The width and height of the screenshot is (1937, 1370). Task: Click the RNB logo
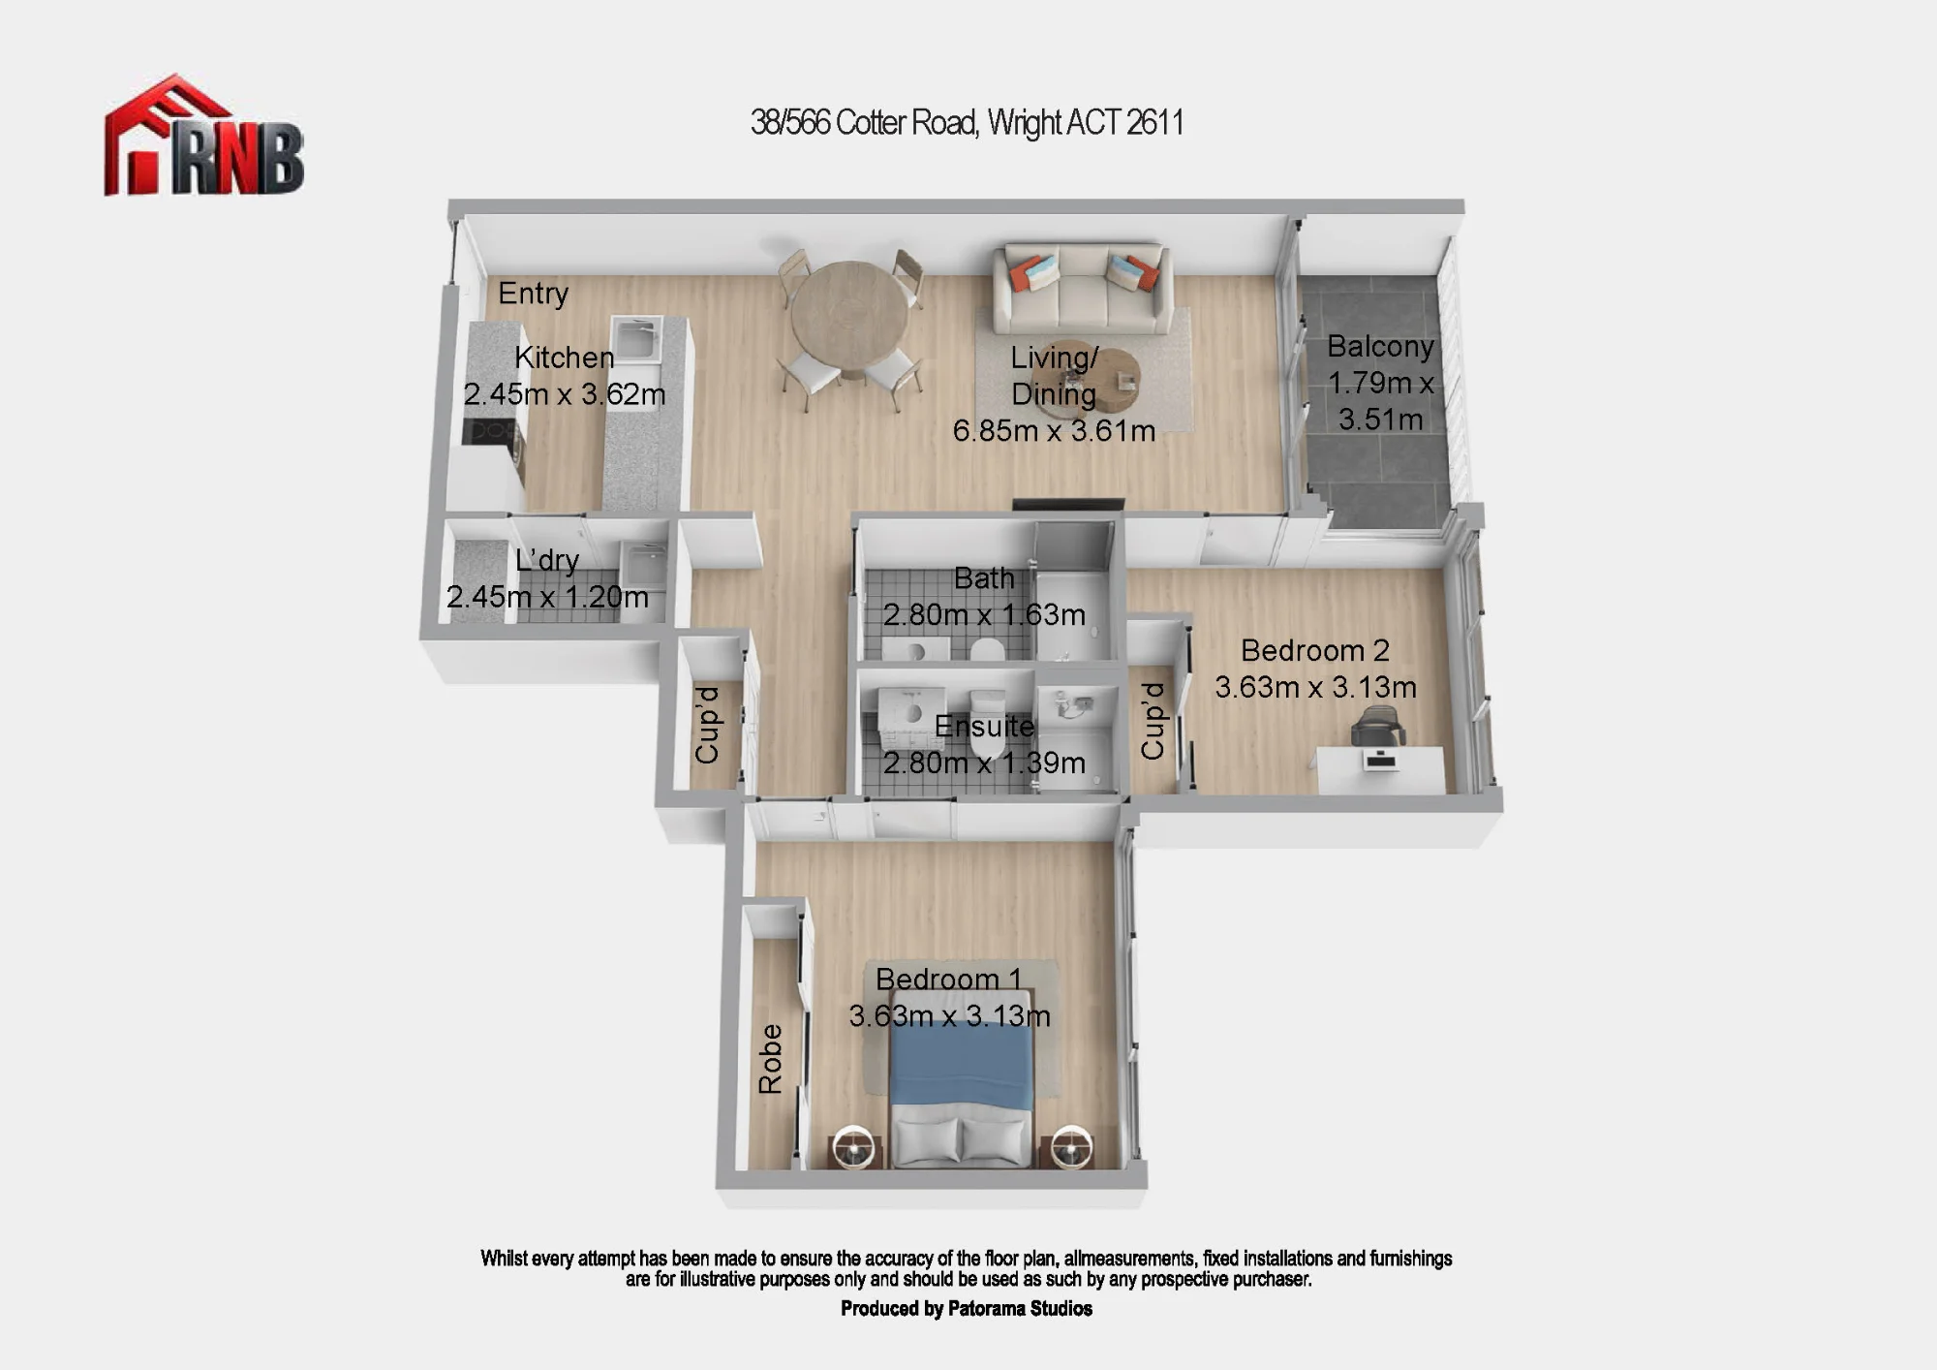click(x=203, y=136)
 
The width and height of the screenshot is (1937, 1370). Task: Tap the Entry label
click(x=533, y=293)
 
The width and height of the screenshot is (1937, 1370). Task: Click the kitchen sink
click(x=636, y=338)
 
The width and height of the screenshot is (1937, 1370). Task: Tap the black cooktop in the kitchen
click(x=491, y=431)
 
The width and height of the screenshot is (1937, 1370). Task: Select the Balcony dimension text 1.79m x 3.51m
click(x=1380, y=401)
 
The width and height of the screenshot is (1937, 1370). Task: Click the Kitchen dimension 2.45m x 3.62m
click(x=565, y=394)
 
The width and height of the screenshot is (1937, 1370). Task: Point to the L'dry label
click(x=547, y=560)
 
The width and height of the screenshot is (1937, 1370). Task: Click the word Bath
click(x=984, y=578)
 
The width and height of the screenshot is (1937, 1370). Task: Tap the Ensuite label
click(x=984, y=726)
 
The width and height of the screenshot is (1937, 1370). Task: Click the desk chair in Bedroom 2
click(x=1377, y=727)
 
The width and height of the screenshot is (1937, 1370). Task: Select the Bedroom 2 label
click(x=1315, y=650)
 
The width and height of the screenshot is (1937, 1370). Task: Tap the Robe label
click(x=770, y=1059)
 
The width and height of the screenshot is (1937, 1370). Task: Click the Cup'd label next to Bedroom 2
click(x=1153, y=721)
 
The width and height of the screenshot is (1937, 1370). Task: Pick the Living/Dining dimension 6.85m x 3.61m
click(x=1054, y=431)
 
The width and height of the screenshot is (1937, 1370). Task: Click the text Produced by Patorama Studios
click(x=967, y=1309)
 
